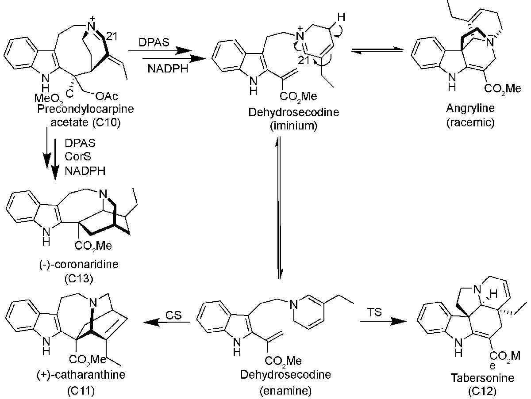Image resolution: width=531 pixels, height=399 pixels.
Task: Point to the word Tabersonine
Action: [476, 378]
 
